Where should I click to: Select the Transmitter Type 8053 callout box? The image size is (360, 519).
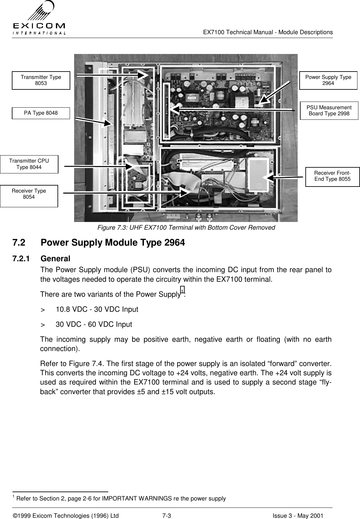coord(41,80)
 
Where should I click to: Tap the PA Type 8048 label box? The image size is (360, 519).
coord(41,113)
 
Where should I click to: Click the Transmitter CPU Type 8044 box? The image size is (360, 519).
coord(29,164)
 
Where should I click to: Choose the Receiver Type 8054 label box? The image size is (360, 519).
coord(29,196)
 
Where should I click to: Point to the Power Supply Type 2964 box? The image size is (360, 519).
coord(328,80)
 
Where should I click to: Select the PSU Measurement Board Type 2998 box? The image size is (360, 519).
coord(329,111)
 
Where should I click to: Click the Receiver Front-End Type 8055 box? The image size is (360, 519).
coord(333,176)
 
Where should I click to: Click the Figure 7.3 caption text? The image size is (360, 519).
coord(186,228)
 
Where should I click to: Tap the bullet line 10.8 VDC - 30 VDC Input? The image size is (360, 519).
coord(97,309)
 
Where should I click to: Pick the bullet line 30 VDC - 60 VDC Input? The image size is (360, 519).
coord(94,325)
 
